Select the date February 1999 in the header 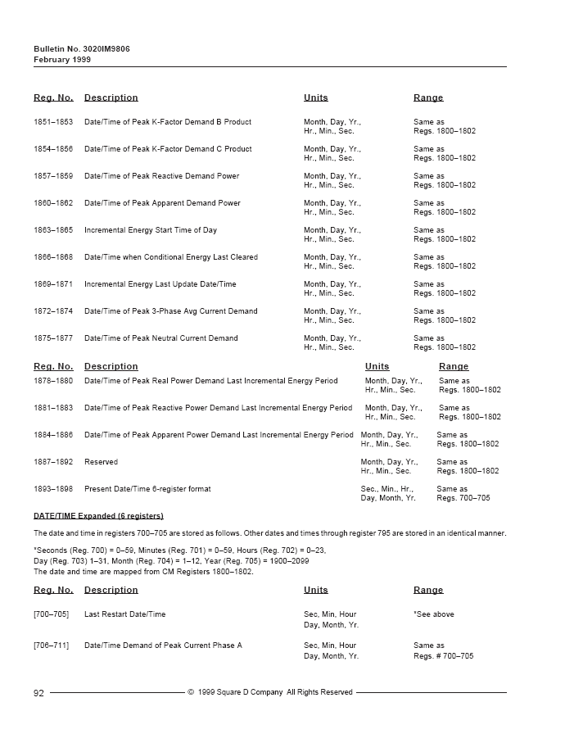[x=62, y=59]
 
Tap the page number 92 [x=38, y=693]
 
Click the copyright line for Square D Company [x=270, y=693]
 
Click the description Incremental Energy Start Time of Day [x=151, y=230]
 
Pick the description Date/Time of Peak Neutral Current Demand [x=161, y=338]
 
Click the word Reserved [x=101, y=462]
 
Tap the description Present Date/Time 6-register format [x=147, y=489]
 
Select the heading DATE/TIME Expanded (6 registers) [x=98, y=515]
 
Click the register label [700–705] [x=51, y=614]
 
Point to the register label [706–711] [x=51, y=646]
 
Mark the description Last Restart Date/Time [x=124, y=614]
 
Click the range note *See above [x=434, y=614]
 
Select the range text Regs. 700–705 [x=463, y=498]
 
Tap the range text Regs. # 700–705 [x=443, y=656]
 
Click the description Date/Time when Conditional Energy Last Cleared [x=171, y=257]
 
